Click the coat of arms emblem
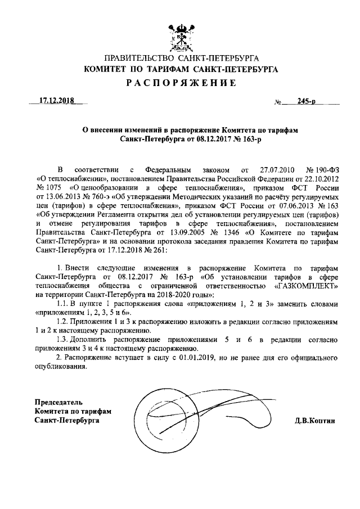click(x=180, y=35)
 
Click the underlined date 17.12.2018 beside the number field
click(x=57, y=102)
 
